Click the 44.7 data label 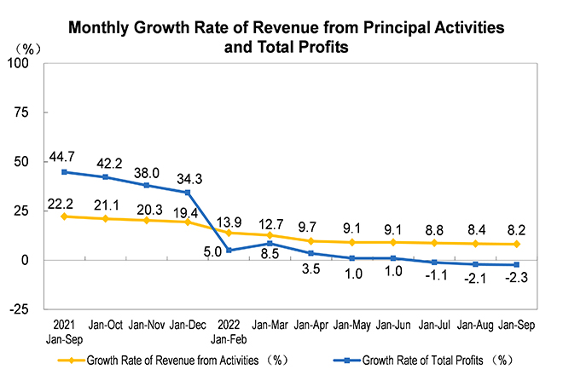point(66,154)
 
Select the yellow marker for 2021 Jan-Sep point(66,216)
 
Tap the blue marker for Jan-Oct point(104,177)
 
